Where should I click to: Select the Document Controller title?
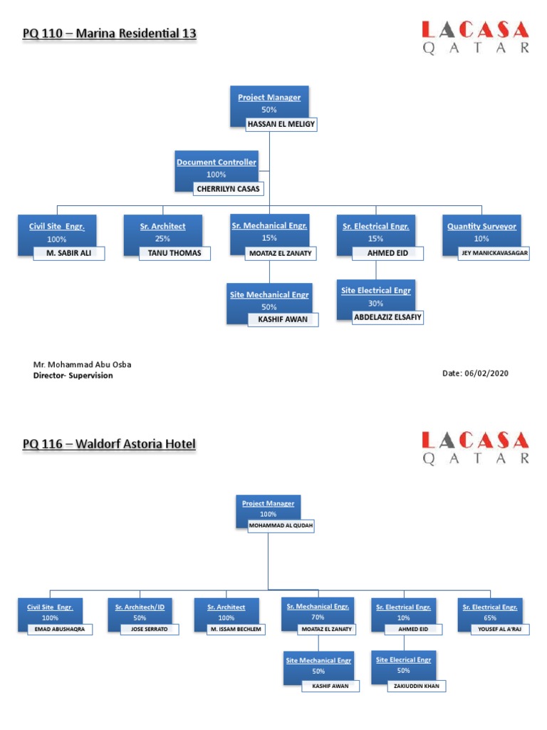(217, 162)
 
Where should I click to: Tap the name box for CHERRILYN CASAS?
(229, 189)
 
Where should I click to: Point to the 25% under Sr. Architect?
(163, 239)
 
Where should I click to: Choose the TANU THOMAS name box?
(174, 253)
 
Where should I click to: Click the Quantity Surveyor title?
(481, 226)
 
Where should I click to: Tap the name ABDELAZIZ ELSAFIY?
(388, 318)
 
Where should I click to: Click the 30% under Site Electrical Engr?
(375, 303)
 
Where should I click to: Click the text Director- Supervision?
(73, 376)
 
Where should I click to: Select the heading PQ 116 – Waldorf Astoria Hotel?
(109, 444)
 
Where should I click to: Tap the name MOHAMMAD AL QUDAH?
(280, 527)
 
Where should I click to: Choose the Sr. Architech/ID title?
(140, 607)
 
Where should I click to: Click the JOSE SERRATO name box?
(149, 629)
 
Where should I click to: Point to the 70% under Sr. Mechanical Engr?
(317, 617)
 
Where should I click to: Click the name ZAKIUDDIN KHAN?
(417, 686)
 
